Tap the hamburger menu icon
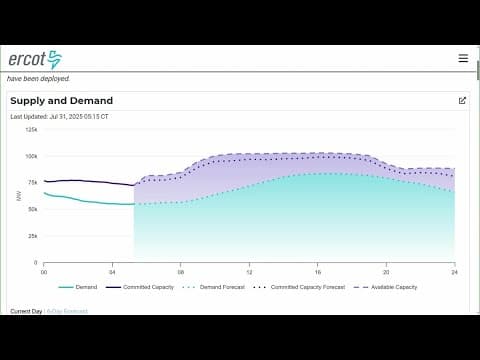pyautogui.click(x=463, y=58)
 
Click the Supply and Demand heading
pyautogui.click(x=61, y=101)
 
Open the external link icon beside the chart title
pyautogui.click(x=462, y=100)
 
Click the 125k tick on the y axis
pyautogui.click(x=31, y=129)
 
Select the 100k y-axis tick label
pyautogui.click(x=31, y=156)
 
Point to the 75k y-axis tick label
pyautogui.click(x=32, y=183)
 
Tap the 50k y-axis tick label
pyautogui.click(x=32, y=210)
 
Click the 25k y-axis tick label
pyautogui.click(x=32, y=236)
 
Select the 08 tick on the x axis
pyautogui.click(x=180, y=271)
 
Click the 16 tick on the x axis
pyautogui.click(x=317, y=271)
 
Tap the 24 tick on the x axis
pyautogui.click(x=454, y=271)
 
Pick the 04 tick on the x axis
pyautogui.click(x=112, y=271)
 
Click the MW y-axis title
pyautogui.click(x=19, y=196)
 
